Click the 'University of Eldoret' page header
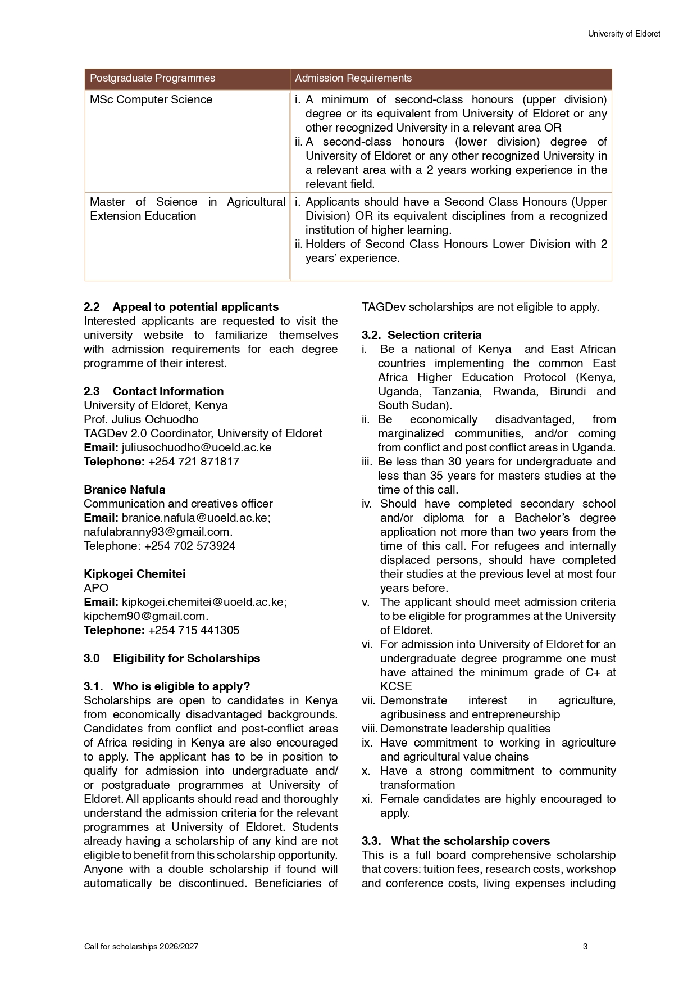(x=624, y=34)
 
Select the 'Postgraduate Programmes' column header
(x=152, y=78)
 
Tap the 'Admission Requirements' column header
(x=353, y=78)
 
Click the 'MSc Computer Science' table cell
(x=151, y=99)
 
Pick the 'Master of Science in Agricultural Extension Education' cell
(x=188, y=209)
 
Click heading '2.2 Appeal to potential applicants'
(x=181, y=307)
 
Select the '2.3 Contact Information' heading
(x=153, y=391)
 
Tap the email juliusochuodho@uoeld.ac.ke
(x=197, y=447)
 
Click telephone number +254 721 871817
(x=194, y=462)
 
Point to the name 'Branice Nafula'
(x=125, y=490)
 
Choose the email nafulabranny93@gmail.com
(x=158, y=532)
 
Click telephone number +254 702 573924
(x=190, y=546)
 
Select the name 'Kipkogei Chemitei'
(x=134, y=574)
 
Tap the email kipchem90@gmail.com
(x=146, y=616)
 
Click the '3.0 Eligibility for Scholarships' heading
(x=172, y=658)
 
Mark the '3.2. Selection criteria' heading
(x=421, y=335)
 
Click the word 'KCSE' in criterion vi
(x=396, y=686)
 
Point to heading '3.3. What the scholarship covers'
(x=455, y=841)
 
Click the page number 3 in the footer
(x=585, y=947)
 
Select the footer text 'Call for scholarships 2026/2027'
(x=141, y=947)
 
